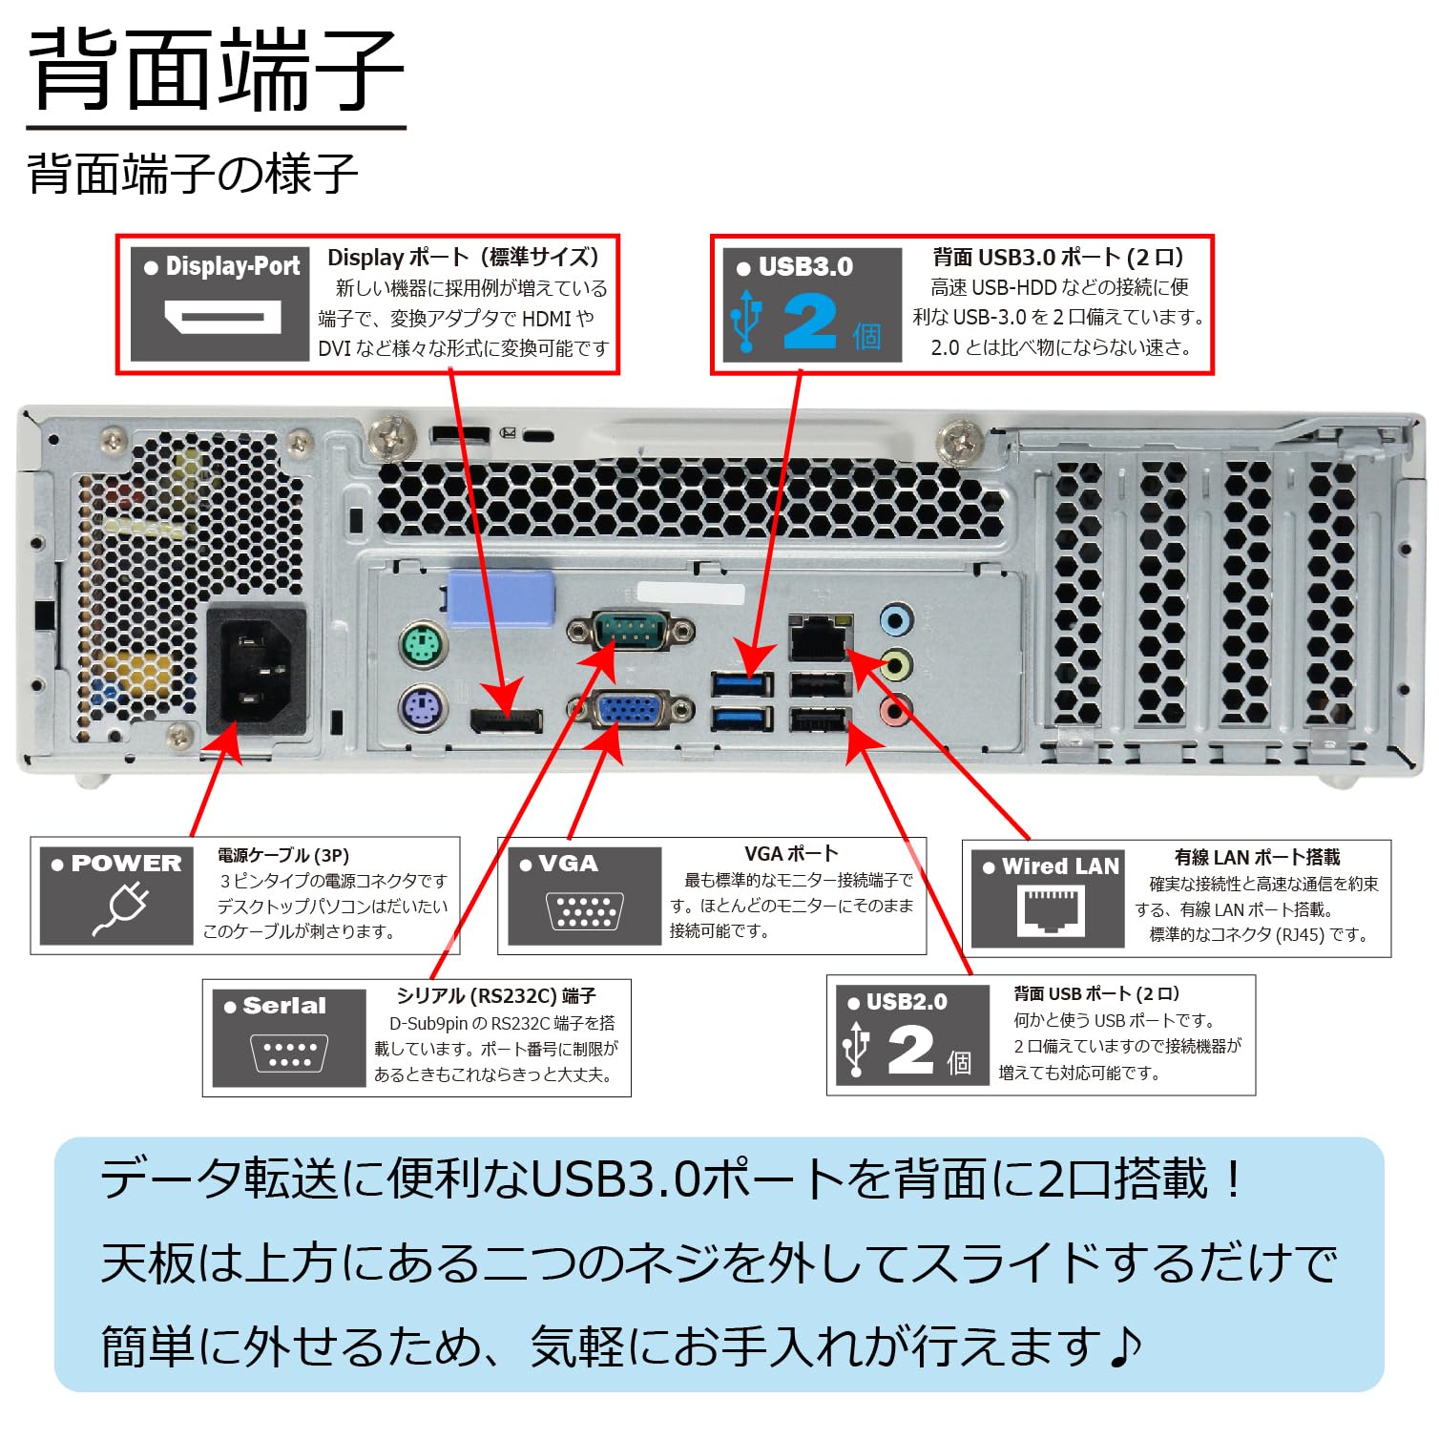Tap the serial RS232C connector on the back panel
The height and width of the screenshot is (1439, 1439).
coord(630,631)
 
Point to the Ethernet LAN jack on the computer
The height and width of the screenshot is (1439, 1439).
coord(819,637)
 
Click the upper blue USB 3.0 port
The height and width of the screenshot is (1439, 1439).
coord(741,684)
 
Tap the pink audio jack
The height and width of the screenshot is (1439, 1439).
coord(895,709)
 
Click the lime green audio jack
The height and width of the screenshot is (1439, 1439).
coord(895,664)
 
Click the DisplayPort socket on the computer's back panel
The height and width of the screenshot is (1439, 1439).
coord(506,720)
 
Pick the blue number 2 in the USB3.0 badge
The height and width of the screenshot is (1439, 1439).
coord(809,322)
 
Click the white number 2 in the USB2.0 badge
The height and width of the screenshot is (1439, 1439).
coord(910,1051)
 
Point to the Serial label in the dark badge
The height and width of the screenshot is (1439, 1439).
coord(283,1006)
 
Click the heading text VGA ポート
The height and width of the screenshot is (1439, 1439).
coord(791,854)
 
